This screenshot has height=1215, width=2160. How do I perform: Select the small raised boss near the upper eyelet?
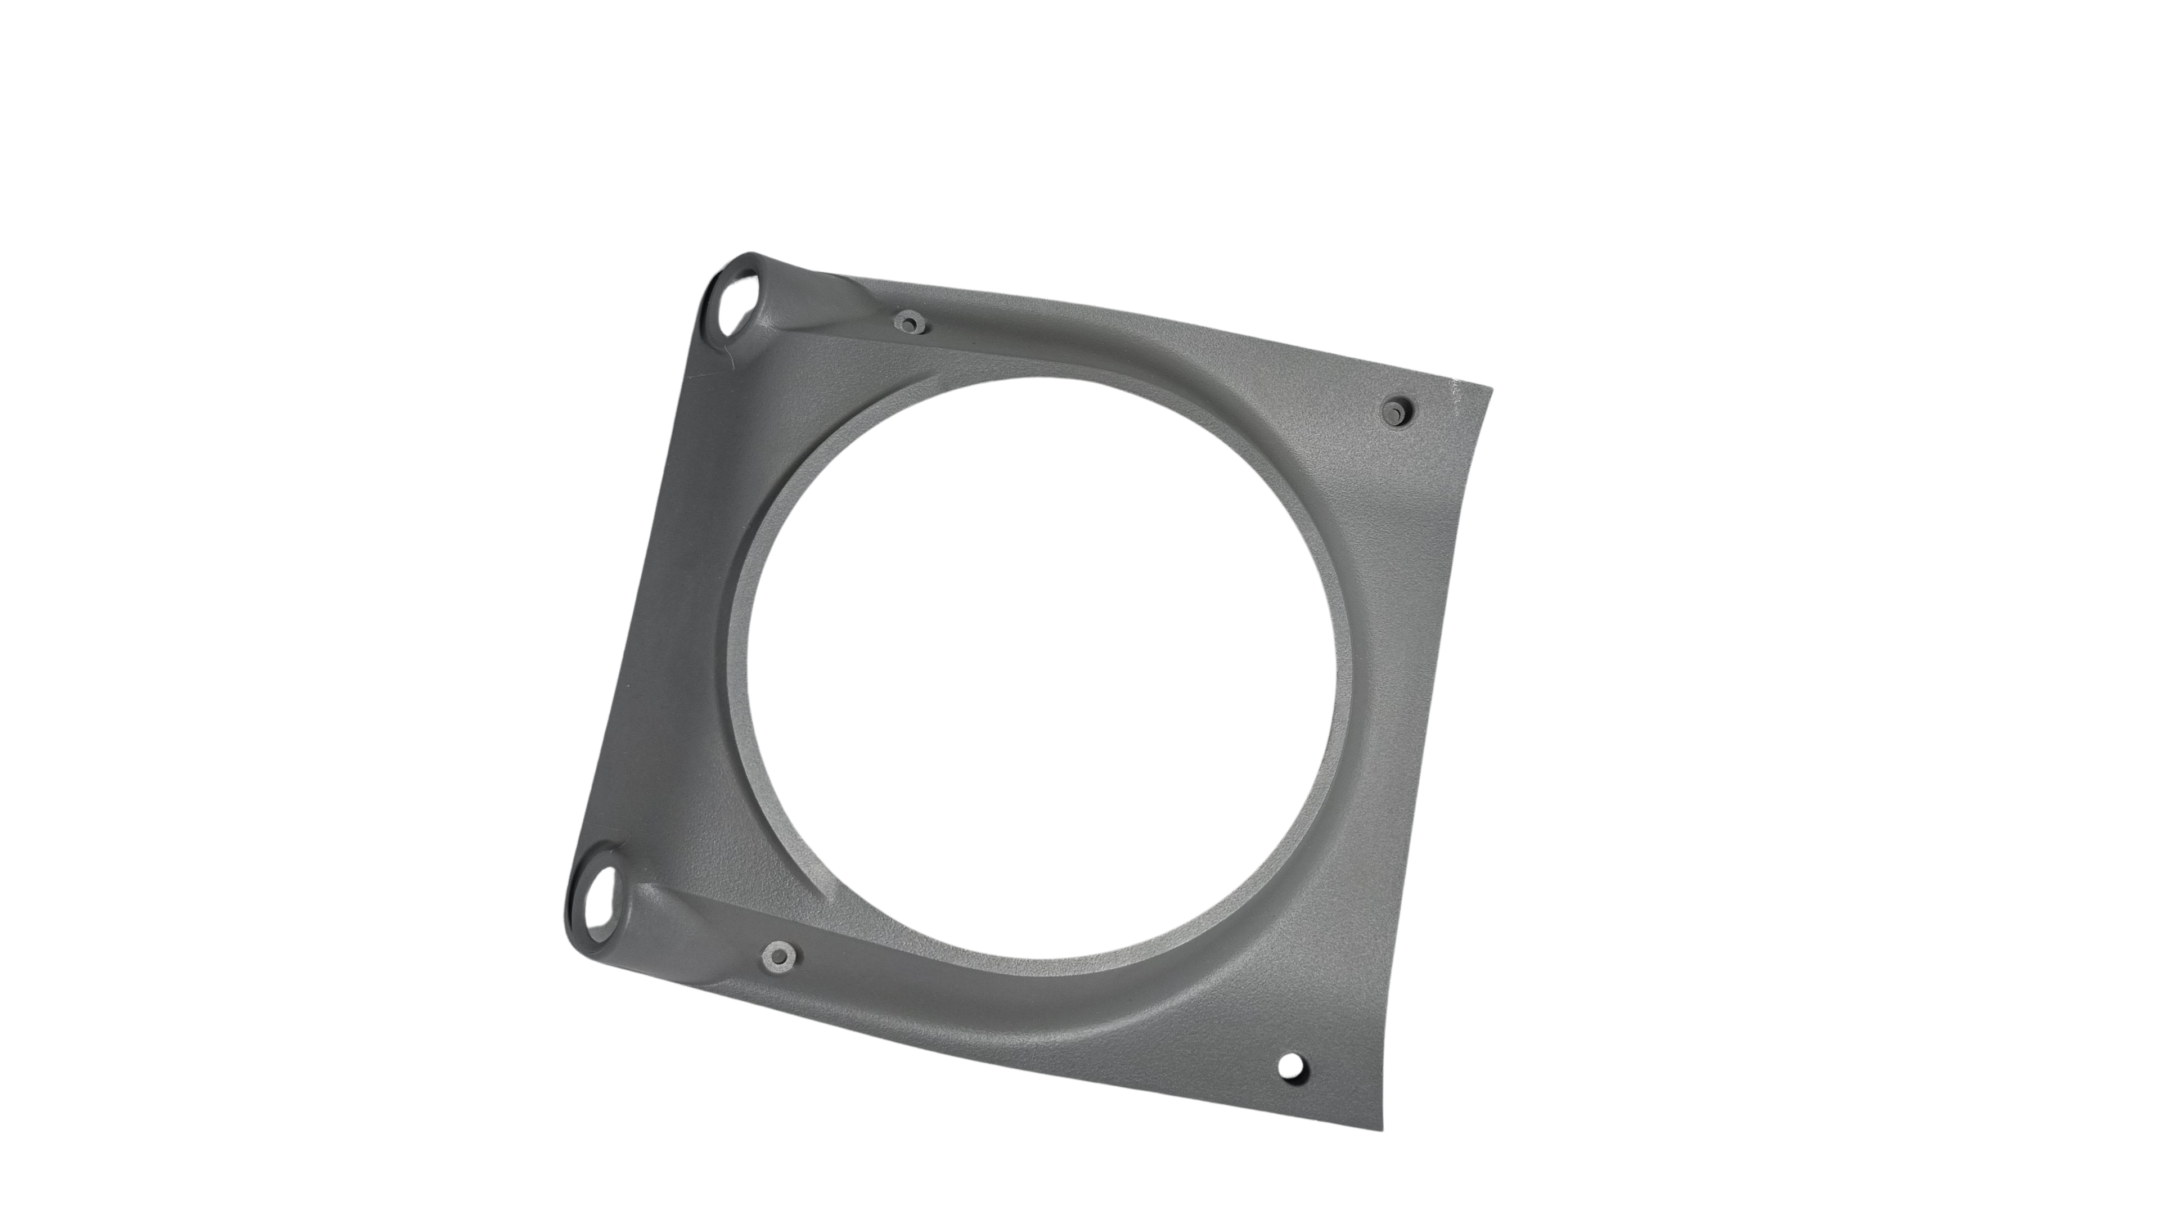[x=907, y=320]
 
